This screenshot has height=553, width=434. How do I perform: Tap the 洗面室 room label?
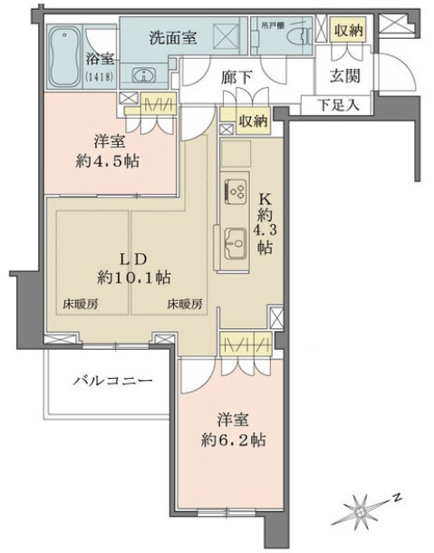(173, 39)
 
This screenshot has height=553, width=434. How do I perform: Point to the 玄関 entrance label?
(342, 77)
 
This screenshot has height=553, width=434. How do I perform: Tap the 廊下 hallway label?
(237, 78)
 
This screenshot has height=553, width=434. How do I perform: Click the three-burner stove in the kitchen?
(237, 191)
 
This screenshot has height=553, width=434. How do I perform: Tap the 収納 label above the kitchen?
(253, 121)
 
